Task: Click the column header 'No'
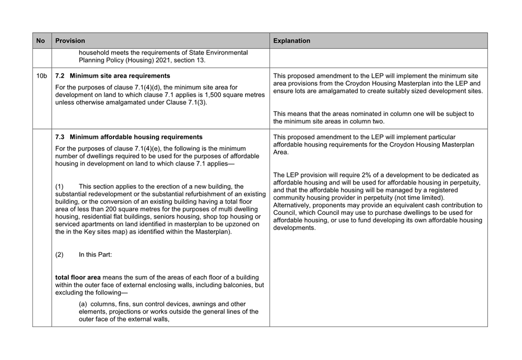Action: pyautogui.click(x=41, y=40)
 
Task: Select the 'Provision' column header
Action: pyautogui.click(x=70, y=40)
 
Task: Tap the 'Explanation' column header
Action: pyautogui.click(x=291, y=40)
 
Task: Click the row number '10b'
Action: pyautogui.click(x=42, y=76)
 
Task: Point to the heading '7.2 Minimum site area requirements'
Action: pyautogui.click(x=113, y=76)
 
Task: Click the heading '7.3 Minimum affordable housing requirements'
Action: pyautogui.click(x=129, y=137)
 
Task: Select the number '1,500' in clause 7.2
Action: pyautogui.click(x=205, y=95)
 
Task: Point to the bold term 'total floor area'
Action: pyautogui.click(x=78, y=277)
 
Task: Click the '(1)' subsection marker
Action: pyautogui.click(x=59, y=187)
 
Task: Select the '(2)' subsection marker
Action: pyautogui.click(x=59, y=255)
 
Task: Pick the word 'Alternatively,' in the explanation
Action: pyautogui.click(x=294, y=206)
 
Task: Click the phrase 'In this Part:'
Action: pyautogui.click(x=96, y=255)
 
